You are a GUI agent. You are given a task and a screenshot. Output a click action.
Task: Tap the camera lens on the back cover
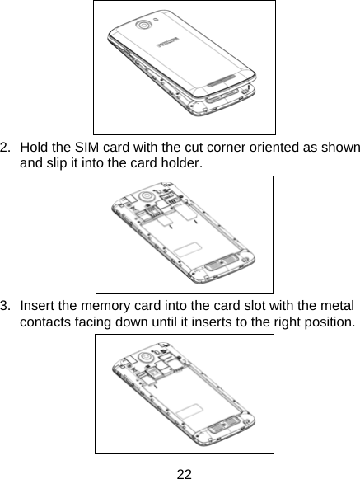pos(145,25)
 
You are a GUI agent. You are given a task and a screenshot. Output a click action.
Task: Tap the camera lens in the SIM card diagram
pos(149,197)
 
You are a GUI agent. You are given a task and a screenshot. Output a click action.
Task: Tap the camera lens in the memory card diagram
pos(148,355)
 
